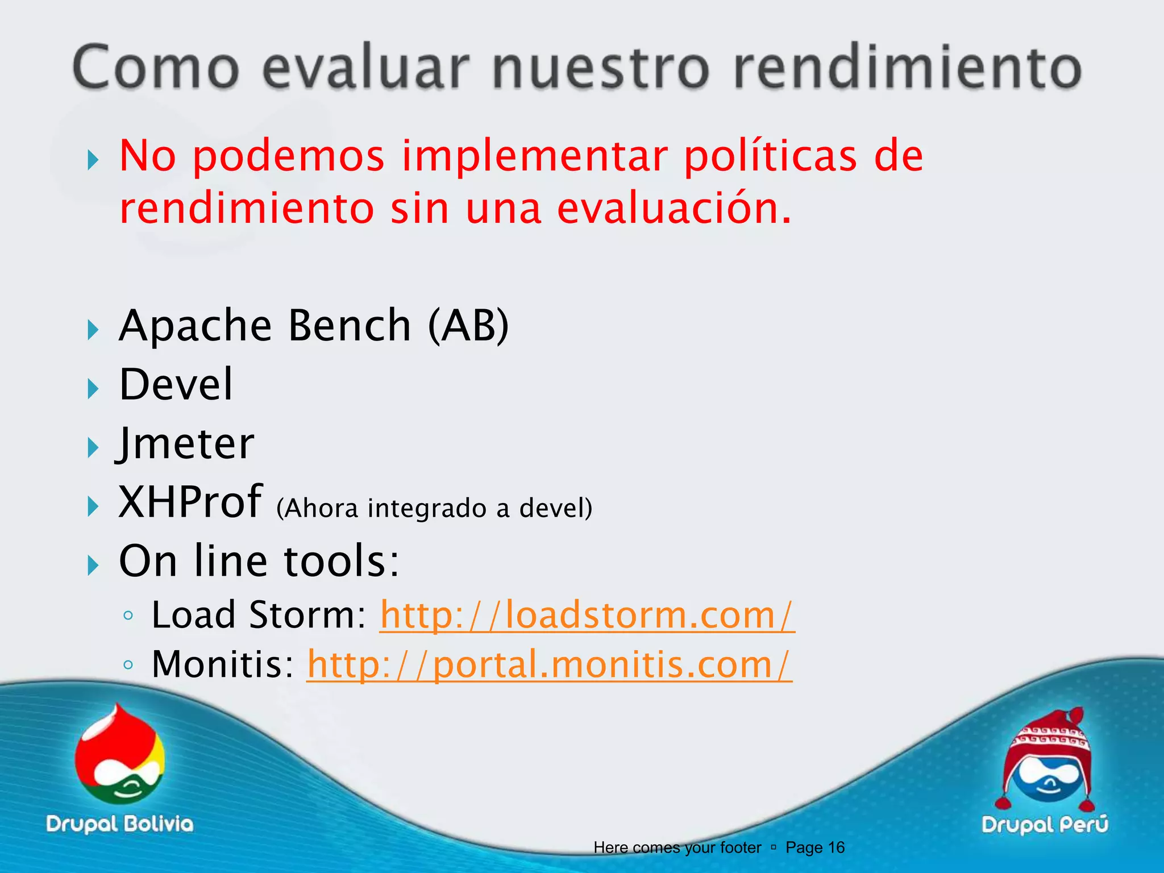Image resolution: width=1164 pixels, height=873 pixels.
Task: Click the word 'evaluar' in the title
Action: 366,68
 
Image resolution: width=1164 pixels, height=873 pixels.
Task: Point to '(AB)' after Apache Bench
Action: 468,326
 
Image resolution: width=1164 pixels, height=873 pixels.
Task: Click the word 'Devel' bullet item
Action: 176,385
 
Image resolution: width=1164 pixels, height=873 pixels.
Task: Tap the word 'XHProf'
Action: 190,502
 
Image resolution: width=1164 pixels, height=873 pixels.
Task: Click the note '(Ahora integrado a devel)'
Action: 434,508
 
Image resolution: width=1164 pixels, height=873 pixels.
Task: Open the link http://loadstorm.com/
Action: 587,615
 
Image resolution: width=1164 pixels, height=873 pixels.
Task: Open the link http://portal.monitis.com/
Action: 549,664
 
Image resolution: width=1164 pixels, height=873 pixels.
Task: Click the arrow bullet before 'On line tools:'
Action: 93,565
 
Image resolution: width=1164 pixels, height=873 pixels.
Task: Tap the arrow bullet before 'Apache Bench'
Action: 93,330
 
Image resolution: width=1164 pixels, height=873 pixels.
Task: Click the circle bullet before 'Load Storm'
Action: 128,616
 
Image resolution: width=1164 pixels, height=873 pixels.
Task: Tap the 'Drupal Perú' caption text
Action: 1045,825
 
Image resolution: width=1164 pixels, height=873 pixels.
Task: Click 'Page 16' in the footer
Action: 814,847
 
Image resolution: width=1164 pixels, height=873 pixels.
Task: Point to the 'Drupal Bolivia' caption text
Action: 120,824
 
